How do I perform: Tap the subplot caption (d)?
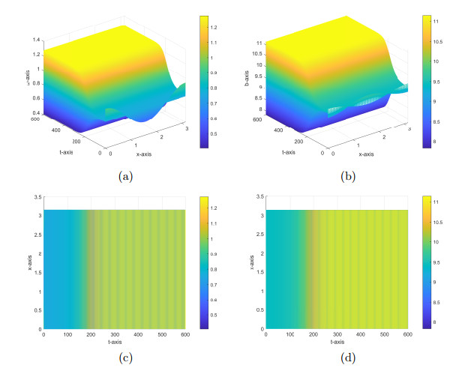coord(346,358)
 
